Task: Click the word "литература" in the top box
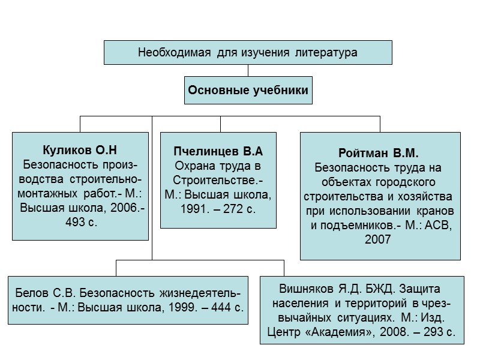(x=326, y=53)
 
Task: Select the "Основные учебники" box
(x=248, y=91)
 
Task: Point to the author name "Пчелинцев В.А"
(x=218, y=151)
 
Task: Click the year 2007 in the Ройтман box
(x=378, y=239)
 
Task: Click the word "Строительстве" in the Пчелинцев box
(x=219, y=180)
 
